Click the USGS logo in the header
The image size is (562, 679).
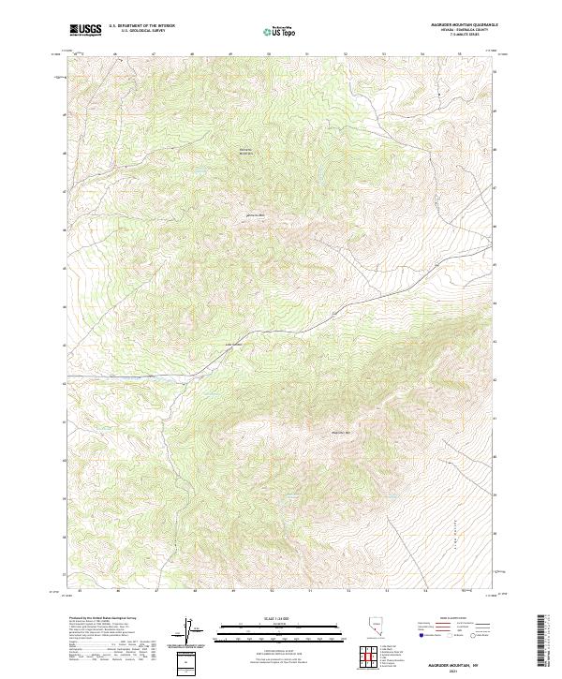[x=85, y=30]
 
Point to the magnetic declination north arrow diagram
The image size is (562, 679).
[x=186, y=632]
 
